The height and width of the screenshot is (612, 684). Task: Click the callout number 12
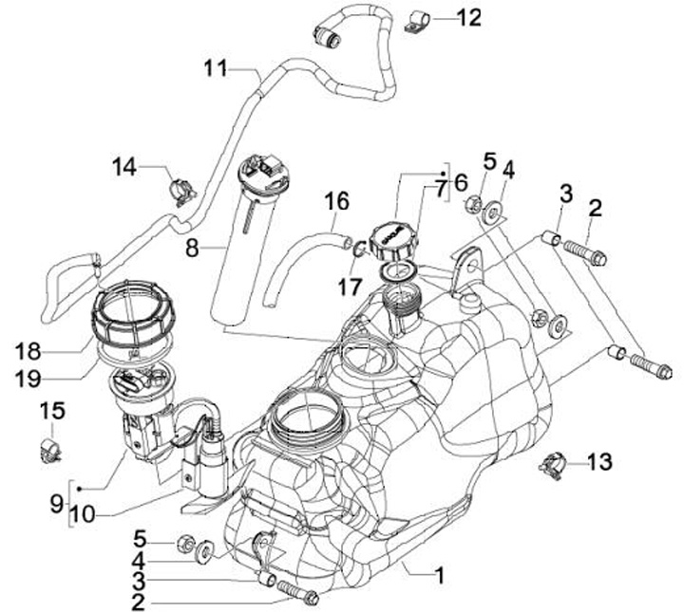click(x=469, y=17)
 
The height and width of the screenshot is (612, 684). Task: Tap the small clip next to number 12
click(x=418, y=23)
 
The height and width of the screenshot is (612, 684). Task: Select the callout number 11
click(x=216, y=69)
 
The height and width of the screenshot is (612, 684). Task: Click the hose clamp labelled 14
click(x=181, y=192)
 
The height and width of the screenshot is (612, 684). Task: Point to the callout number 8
click(x=192, y=250)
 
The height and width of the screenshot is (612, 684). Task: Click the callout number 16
click(x=336, y=202)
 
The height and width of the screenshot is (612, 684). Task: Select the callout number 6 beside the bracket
click(x=461, y=182)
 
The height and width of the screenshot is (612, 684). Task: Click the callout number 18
click(x=28, y=351)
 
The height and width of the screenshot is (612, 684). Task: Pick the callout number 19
click(x=28, y=379)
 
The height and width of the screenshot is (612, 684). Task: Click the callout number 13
click(x=599, y=462)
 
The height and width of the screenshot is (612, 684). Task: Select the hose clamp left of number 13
click(x=552, y=466)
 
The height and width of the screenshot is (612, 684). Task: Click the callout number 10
click(x=82, y=514)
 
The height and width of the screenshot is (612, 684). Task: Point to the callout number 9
click(x=57, y=505)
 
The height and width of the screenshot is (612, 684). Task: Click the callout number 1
click(x=440, y=575)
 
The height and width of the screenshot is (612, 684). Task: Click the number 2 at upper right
click(x=595, y=209)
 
